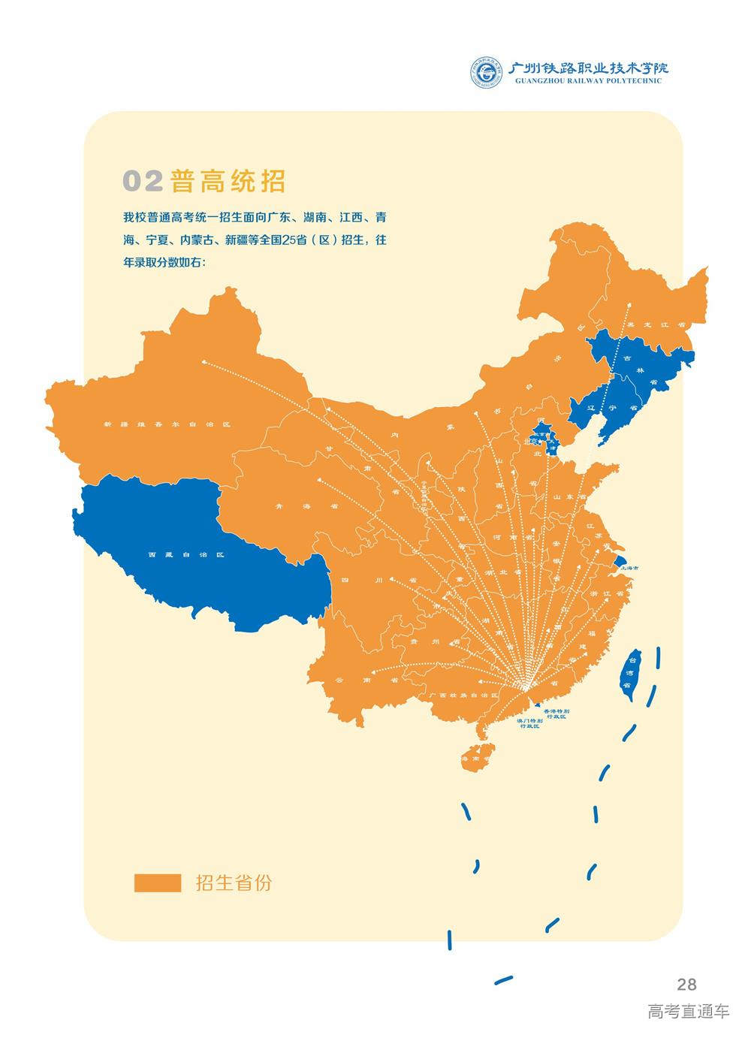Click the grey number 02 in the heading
point(142,181)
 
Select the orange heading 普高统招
point(228,181)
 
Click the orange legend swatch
point(158,883)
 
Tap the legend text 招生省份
point(234,883)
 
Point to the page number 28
point(686,984)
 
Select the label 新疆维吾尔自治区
point(166,424)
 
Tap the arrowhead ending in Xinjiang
point(204,361)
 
